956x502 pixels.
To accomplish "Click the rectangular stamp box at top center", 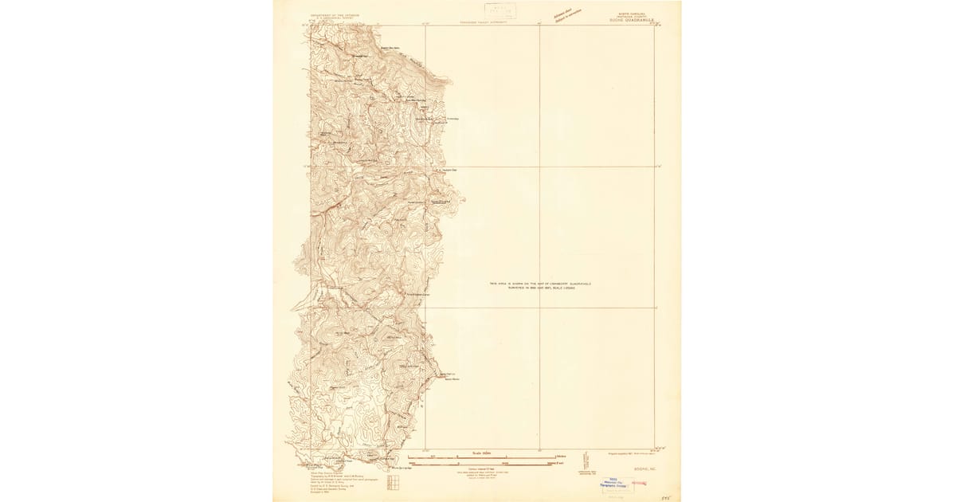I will (x=500, y=10).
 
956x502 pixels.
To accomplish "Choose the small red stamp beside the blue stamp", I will (x=639, y=483).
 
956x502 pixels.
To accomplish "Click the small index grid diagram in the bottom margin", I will (x=393, y=483).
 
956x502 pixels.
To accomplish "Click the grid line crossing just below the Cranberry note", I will (x=539, y=308).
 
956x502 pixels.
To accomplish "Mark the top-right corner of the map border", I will (x=654, y=25).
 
